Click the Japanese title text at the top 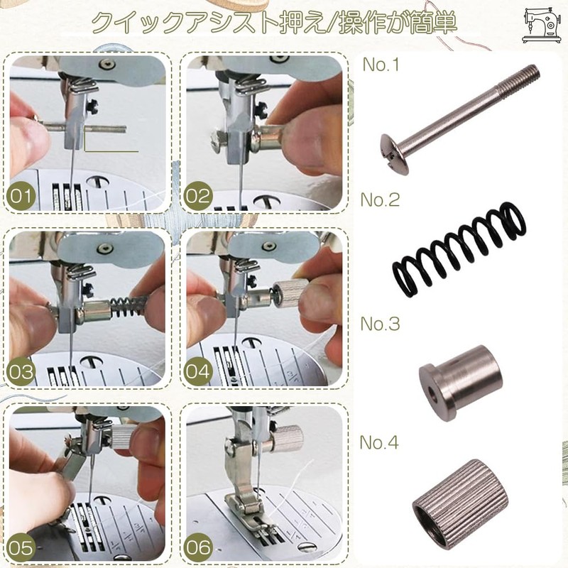tap(273, 23)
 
